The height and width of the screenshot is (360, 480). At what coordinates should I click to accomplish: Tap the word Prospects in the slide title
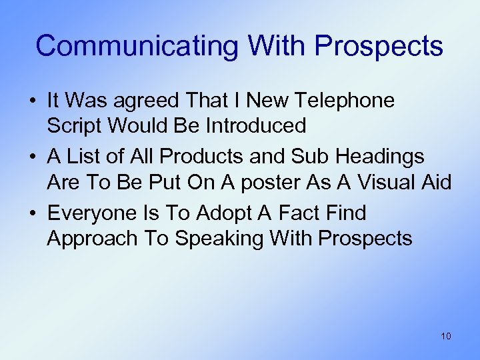(378, 46)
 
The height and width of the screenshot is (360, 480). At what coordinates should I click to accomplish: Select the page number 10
(446, 336)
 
